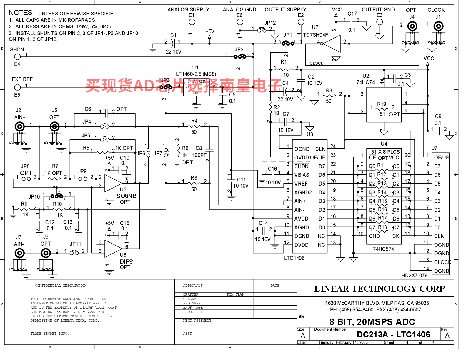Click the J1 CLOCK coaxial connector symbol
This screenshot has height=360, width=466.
[x=438, y=26]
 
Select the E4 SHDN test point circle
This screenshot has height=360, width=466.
[x=18, y=57]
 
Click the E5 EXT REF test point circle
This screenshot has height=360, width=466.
[x=18, y=87]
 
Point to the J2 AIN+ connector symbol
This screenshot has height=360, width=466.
[x=20, y=127]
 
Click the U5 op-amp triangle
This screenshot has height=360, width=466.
[x=113, y=182]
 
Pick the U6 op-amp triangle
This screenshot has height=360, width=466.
[x=113, y=249]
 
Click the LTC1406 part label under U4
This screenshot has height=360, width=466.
[x=294, y=258]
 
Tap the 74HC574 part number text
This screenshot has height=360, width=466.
[x=383, y=249]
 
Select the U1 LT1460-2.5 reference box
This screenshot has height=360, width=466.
[x=196, y=87]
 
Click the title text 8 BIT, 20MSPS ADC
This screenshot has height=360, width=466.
[x=372, y=322]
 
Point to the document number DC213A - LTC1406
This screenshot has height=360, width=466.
[x=393, y=334]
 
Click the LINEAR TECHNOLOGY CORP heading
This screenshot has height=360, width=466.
[x=379, y=289]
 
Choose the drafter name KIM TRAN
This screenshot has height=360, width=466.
[x=235, y=294]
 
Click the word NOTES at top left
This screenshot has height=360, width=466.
[x=21, y=13]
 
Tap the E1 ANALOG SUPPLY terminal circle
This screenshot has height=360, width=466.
[x=192, y=22]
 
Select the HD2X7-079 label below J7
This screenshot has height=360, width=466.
[x=414, y=276]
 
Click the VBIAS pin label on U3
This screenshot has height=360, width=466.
[x=302, y=175]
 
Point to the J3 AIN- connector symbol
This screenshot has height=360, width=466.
[x=20, y=253]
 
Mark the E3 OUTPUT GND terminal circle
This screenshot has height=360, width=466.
[x=380, y=22]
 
